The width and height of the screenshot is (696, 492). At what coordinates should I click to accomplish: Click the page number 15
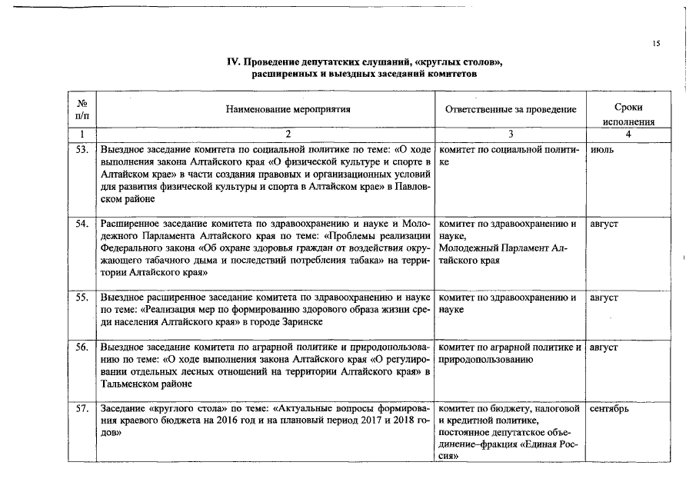[x=656, y=44]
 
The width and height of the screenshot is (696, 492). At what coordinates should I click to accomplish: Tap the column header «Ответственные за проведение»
[x=511, y=109]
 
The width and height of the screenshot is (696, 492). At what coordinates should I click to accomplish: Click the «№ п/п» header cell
[x=82, y=108]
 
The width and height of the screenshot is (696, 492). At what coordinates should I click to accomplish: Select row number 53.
[x=82, y=149]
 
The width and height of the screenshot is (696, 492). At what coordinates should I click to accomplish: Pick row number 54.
[x=82, y=224]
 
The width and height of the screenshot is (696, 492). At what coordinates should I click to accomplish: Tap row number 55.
[x=82, y=297]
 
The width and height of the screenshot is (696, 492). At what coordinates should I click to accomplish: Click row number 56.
[x=82, y=347]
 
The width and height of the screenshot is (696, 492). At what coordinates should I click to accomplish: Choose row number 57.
[x=82, y=409]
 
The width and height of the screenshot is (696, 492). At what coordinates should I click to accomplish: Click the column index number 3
[x=510, y=135]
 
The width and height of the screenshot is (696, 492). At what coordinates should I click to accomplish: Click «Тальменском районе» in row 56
[x=146, y=384]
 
